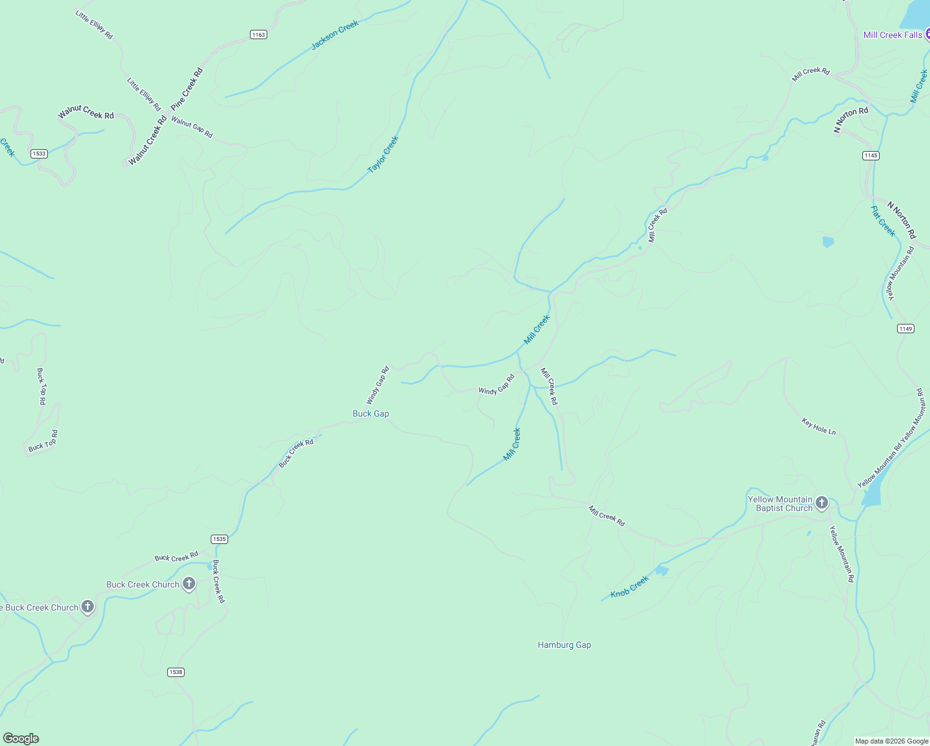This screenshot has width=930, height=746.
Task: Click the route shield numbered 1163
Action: (x=259, y=35)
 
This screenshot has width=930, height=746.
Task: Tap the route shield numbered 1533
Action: (x=39, y=154)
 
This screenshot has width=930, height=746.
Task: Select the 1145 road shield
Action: (x=871, y=155)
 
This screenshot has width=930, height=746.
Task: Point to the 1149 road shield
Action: (x=906, y=328)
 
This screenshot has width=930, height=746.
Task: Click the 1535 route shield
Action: (x=219, y=539)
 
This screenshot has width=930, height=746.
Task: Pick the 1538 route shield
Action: (x=176, y=672)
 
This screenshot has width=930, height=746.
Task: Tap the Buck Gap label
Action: (x=371, y=413)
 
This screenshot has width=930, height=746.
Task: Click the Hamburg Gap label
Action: (x=564, y=645)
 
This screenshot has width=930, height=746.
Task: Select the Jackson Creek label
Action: (x=334, y=35)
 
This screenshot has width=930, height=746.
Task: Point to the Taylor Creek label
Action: (x=383, y=155)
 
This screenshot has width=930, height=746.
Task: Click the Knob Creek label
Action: (x=629, y=586)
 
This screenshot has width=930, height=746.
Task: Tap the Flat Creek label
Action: (x=883, y=221)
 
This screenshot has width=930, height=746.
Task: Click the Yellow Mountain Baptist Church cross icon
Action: (x=822, y=503)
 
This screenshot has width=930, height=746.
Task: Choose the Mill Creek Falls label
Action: (x=893, y=35)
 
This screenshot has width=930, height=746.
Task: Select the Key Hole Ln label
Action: (x=819, y=426)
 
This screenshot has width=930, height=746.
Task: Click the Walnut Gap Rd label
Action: (x=192, y=127)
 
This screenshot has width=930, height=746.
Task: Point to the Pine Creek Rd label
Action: (x=187, y=90)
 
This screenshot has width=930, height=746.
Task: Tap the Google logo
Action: (x=21, y=739)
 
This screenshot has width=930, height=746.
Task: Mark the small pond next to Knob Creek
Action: (x=661, y=570)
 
